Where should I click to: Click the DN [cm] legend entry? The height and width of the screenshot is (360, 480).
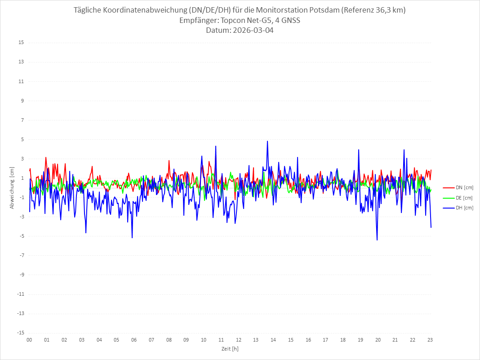point(458,187)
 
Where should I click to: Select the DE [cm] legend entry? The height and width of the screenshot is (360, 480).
point(458,198)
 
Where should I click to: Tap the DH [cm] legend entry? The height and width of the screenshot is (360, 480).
point(458,208)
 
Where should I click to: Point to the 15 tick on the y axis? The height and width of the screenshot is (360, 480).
point(21,43)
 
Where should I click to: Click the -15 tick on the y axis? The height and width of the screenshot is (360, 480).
point(20,333)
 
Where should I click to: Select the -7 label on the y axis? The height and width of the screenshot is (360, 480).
point(21,255)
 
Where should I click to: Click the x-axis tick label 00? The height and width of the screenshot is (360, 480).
point(29,340)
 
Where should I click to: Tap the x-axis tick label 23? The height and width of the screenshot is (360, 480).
point(430,340)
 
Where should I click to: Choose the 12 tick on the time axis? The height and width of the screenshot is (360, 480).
point(238,340)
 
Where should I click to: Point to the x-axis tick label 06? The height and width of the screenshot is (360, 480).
point(134,340)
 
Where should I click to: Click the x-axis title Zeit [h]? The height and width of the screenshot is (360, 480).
point(230,348)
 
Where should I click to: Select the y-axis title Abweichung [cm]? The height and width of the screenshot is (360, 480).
point(12,188)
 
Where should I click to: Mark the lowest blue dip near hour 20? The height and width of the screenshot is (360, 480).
point(377,240)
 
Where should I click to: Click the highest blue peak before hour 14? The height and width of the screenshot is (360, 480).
point(267,141)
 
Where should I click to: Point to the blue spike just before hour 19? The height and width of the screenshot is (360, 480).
point(358,150)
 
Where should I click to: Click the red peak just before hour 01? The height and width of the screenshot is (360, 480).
point(46,157)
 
